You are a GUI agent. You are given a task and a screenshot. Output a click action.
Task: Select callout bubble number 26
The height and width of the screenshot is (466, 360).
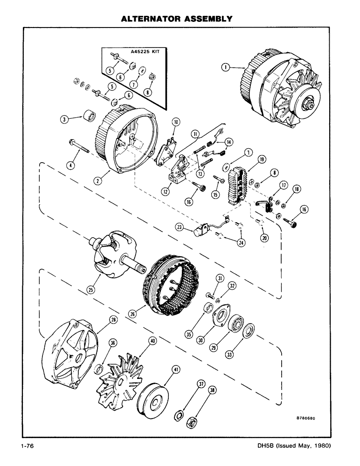click(x=134, y=314)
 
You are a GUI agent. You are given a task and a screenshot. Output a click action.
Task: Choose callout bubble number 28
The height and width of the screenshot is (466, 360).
click(x=112, y=319)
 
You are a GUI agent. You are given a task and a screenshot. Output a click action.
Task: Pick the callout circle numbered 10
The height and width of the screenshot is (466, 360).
click(x=176, y=123)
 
